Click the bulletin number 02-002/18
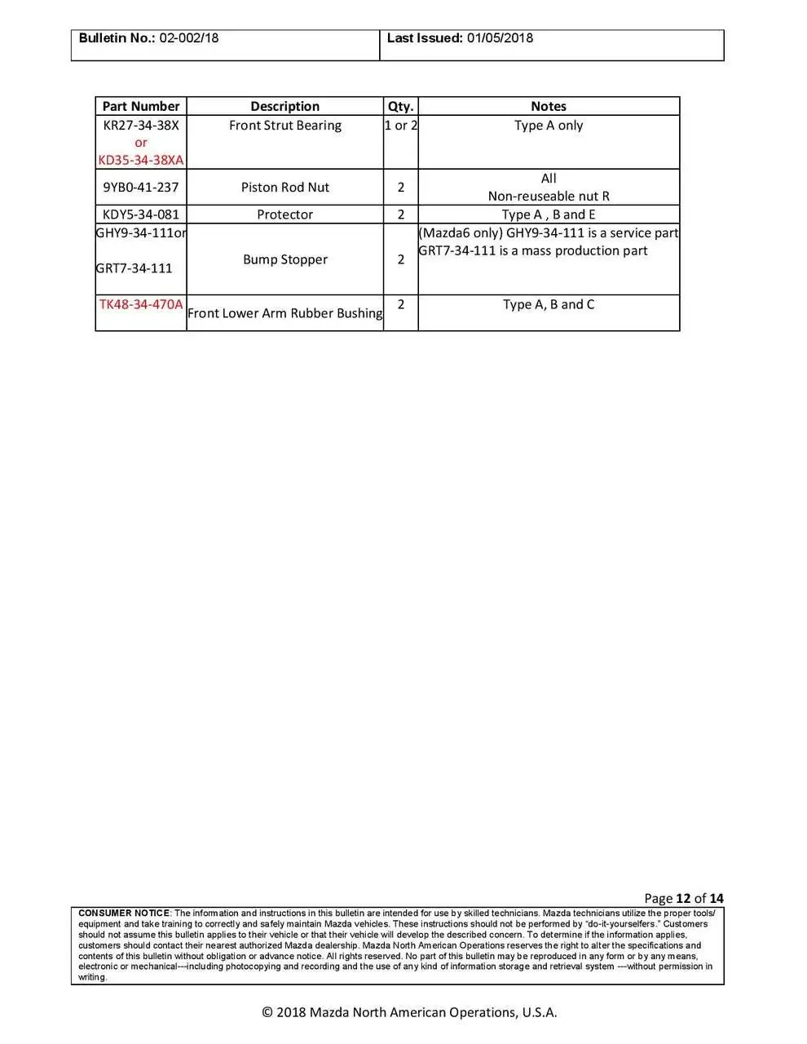tap(188, 38)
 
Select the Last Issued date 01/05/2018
tap(500, 38)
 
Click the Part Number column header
tap(140, 106)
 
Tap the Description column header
tap(284, 106)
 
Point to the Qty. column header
tap(400, 106)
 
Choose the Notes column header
tap(548, 106)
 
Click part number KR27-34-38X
tap(140, 126)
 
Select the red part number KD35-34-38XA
tap(140, 160)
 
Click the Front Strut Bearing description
tap(284, 126)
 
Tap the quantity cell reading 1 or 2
tap(400, 126)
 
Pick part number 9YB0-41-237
tap(140, 187)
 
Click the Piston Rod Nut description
tap(284, 187)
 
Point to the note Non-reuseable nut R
tap(548, 196)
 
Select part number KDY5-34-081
tap(140, 215)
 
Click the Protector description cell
tap(284, 215)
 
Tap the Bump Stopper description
tap(284, 259)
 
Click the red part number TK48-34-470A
tap(140, 304)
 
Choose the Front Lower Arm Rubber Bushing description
tap(284, 313)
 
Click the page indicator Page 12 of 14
tap(683, 898)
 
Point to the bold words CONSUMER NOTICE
tap(124, 913)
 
